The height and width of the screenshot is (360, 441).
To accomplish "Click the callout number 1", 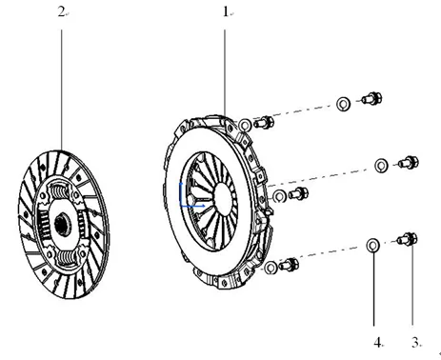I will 225,12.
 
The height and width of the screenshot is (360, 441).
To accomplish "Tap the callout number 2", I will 61,12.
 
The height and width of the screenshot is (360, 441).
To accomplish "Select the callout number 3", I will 414,340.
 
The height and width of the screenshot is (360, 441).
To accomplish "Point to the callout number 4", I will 377,340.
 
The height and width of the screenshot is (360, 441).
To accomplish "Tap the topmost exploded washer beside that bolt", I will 342,103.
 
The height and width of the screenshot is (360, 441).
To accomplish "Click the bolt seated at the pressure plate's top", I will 264,122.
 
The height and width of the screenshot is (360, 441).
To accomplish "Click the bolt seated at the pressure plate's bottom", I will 290,264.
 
